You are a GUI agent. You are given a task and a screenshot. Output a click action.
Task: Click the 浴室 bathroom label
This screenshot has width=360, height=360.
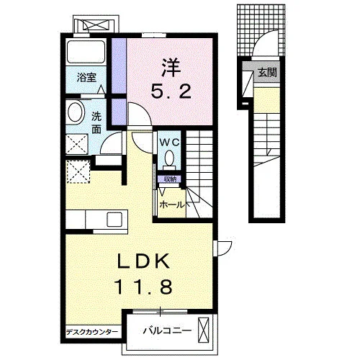86,78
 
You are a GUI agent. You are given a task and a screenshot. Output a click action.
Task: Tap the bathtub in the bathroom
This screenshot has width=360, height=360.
86,52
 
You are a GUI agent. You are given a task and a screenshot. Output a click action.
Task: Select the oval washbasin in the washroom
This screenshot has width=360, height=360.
76,113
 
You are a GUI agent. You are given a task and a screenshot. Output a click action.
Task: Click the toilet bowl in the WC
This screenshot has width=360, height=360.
169,158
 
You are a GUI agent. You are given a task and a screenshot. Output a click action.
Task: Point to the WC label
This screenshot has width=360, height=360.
169,143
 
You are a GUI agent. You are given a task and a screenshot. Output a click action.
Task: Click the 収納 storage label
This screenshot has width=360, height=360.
170,179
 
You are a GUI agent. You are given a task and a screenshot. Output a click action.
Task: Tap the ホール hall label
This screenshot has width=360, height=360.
172,205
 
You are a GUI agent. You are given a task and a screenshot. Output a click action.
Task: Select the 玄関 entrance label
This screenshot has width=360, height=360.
267,72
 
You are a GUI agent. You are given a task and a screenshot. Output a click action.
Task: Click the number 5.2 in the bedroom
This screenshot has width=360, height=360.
171,91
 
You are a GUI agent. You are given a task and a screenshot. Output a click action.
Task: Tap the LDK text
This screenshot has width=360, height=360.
143,261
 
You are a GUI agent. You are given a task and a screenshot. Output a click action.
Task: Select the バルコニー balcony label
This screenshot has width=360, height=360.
167,331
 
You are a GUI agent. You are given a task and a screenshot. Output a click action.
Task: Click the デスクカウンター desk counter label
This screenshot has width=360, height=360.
92,332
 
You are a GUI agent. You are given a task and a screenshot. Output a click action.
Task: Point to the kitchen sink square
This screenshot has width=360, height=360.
114,220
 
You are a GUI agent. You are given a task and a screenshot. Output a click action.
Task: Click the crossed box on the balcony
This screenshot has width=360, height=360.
204,330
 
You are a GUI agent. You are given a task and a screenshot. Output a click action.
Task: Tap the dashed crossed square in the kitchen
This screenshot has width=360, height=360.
78,172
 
